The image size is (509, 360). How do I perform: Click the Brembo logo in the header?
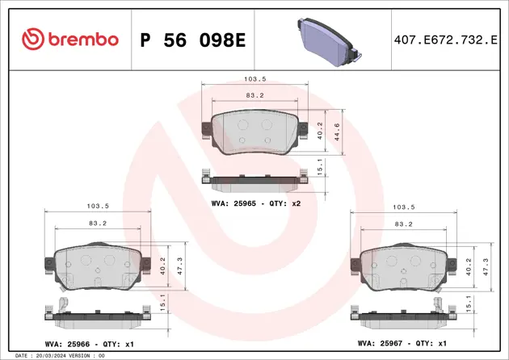tap(70, 39)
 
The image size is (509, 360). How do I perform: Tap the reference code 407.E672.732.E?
tap(445, 39)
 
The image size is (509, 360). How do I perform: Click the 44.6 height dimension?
tap(342, 131)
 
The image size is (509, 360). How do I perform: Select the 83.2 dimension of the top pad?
tap(255, 95)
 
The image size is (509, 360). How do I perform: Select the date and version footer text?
tap(61, 355)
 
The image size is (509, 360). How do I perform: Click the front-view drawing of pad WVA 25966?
tap(97, 267)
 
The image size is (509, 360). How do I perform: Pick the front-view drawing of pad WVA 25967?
tap(402, 267)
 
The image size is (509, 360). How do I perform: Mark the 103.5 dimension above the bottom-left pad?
tap(97, 207)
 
